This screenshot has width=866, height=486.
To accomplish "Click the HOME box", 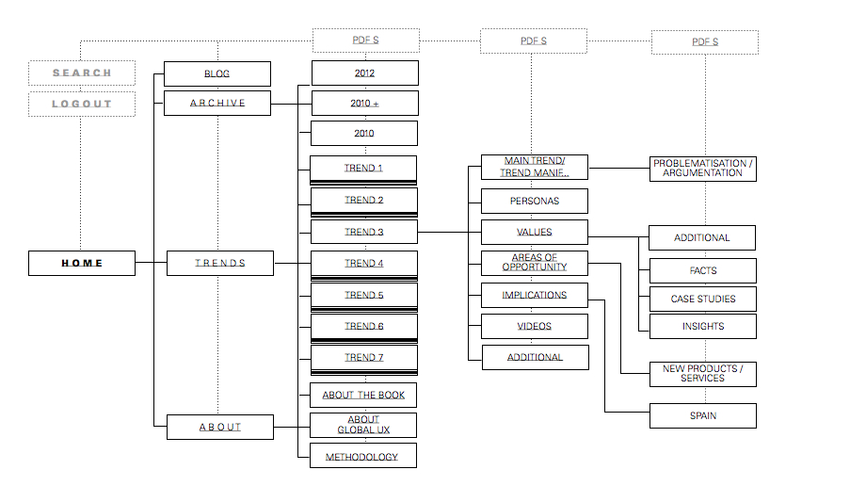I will pos(82,263).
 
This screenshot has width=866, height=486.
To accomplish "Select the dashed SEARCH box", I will pos(82,73).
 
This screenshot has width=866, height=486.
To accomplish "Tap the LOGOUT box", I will pos(82,104).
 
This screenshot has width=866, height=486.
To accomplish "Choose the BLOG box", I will pos(217,73).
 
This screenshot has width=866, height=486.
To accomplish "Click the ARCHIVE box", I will pos(217,103).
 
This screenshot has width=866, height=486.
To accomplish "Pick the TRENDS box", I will pos(220,263).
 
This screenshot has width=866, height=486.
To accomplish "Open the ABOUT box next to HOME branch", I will pos(220,427).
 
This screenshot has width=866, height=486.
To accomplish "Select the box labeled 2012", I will pos(364,73).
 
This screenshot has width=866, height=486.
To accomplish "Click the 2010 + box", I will pos(364,103).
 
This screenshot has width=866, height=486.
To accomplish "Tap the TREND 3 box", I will pos(364,232).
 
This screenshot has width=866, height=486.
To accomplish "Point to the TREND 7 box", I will pos(364,358).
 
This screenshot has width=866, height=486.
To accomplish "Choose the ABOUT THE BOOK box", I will pos(364,395).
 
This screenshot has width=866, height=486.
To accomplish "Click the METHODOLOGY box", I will pos(362,457).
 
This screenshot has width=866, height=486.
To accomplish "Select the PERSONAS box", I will pos(535,201).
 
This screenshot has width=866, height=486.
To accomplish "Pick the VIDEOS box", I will pos(535,326).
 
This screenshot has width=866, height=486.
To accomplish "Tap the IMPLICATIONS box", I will pos(535,295).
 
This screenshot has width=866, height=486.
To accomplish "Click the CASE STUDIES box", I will pos(703,299).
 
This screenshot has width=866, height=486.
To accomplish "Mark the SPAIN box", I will pos(703,415).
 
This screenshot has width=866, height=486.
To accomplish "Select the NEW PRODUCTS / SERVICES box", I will pos(703,373).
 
